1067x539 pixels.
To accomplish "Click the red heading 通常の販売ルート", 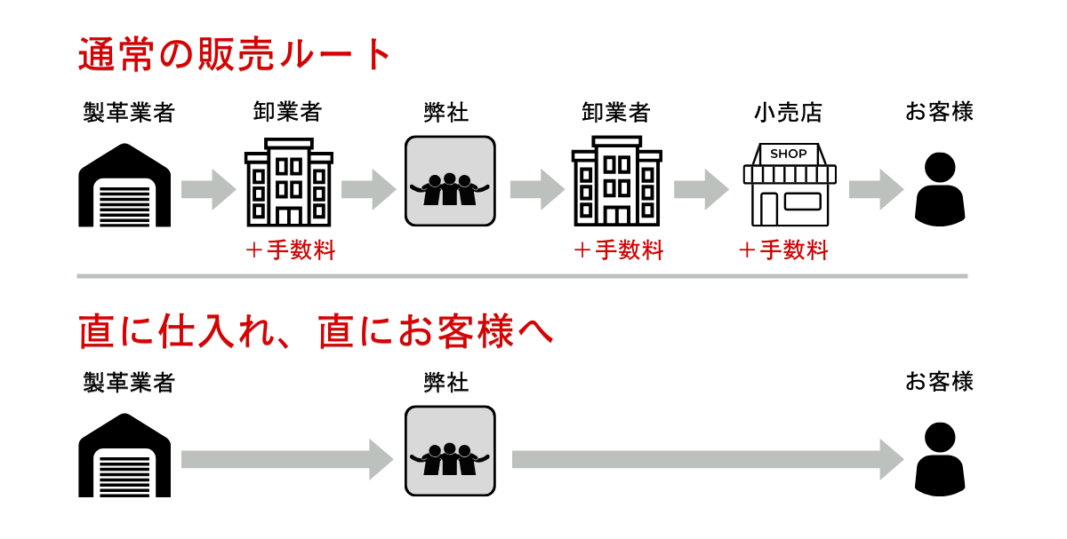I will click(x=236, y=55).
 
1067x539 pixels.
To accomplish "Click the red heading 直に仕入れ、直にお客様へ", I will click(x=316, y=331).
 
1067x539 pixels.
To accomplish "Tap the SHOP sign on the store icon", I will click(x=789, y=154).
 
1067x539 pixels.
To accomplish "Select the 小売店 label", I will click(x=789, y=113).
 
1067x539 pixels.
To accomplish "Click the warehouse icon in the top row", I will click(x=125, y=186).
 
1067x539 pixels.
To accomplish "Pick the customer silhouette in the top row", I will click(x=940, y=189).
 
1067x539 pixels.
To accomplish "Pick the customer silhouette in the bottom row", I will click(x=940, y=458).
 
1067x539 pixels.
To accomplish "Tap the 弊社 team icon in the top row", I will click(x=450, y=181).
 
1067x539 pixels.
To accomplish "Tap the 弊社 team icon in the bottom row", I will click(x=450, y=451).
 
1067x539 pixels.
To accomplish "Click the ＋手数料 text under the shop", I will click(x=783, y=251).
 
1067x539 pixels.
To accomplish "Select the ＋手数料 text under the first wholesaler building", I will click(x=290, y=251).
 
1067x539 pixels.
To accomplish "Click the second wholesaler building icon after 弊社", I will click(x=616, y=182).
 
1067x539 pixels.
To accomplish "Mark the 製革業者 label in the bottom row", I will click(x=129, y=383).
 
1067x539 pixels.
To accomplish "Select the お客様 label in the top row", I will click(x=940, y=113).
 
